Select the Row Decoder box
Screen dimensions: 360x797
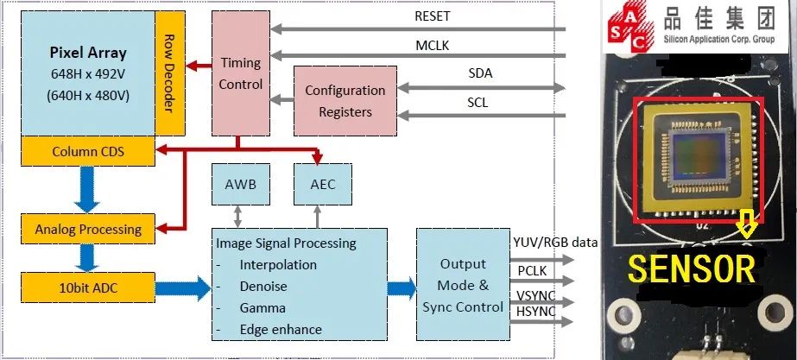pos(169,73)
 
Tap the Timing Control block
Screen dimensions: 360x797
pos(240,74)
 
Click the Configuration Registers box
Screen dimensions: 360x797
pos(345,101)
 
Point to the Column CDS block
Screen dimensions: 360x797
pos(88,152)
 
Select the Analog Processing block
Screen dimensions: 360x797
pos(88,230)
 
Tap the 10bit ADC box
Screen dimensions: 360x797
pos(88,286)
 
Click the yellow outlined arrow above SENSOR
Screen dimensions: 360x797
pos(747,226)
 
